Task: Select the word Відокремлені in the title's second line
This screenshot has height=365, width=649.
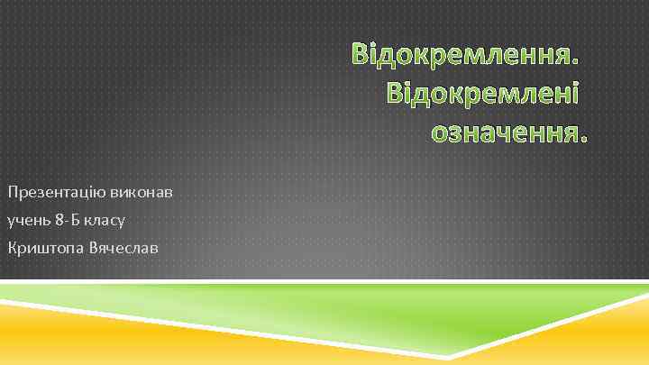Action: coord(483,93)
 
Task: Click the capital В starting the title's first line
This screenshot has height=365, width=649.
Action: coord(361,53)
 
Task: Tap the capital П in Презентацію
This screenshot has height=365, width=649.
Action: coord(12,192)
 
